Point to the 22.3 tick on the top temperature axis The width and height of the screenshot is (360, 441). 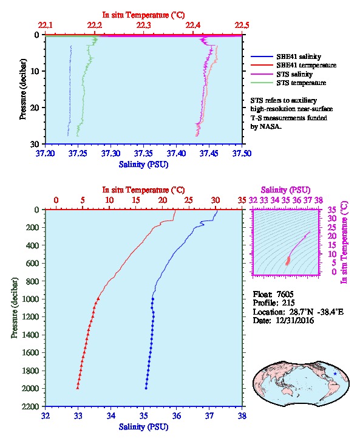tap(144, 26)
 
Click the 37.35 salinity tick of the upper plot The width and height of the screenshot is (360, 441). tap(143, 153)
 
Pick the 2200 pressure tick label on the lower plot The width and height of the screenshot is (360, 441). tap(30, 406)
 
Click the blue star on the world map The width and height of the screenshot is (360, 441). tap(335, 374)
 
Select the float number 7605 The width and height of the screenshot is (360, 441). tap(285, 294)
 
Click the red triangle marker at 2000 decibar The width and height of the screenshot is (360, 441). tap(78, 388)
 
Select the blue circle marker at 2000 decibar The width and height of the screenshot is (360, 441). tap(146, 388)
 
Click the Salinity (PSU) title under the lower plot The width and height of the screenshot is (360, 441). tap(144, 426)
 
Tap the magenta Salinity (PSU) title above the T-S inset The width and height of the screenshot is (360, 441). tap(286, 190)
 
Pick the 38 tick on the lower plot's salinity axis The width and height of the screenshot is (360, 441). tap(242, 415)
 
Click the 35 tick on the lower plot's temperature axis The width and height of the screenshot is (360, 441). tap(242, 200)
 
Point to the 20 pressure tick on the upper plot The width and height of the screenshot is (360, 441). tap(35, 108)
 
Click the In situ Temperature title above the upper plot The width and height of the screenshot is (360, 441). tap(144, 15)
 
